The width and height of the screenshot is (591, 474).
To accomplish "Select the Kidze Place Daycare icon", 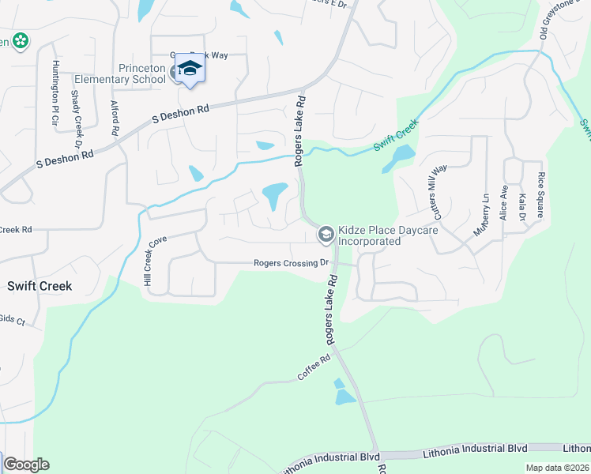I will tap(326, 234).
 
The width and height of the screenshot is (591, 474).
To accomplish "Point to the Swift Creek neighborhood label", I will tap(40, 286).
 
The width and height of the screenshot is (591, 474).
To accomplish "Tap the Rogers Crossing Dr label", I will tap(290, 263).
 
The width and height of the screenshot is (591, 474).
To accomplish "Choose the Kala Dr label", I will tap(522, 206).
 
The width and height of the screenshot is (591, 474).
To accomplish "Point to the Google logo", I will tap(26, 465).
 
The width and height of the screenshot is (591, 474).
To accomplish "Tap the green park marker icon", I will tap(20, 40).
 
